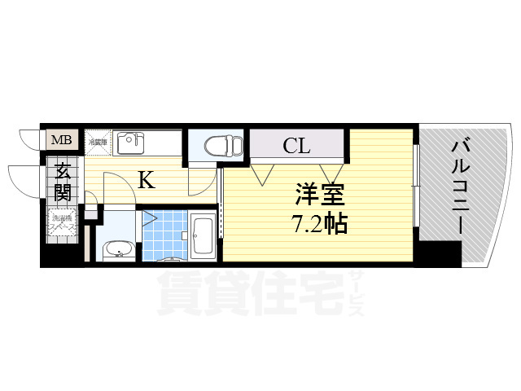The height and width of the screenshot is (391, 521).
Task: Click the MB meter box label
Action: coord(62,140)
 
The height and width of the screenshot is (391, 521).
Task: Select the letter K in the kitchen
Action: coord(146,179)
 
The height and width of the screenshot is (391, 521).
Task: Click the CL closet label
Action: coord(296,147)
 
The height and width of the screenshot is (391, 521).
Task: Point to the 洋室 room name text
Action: coord(321,195)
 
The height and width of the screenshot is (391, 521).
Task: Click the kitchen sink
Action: coord(130,143)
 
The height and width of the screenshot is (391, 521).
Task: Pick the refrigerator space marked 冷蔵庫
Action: coord(98,143)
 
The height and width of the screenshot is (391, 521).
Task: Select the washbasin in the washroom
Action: coord(119,248)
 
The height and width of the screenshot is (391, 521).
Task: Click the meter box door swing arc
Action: coord(28,137)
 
